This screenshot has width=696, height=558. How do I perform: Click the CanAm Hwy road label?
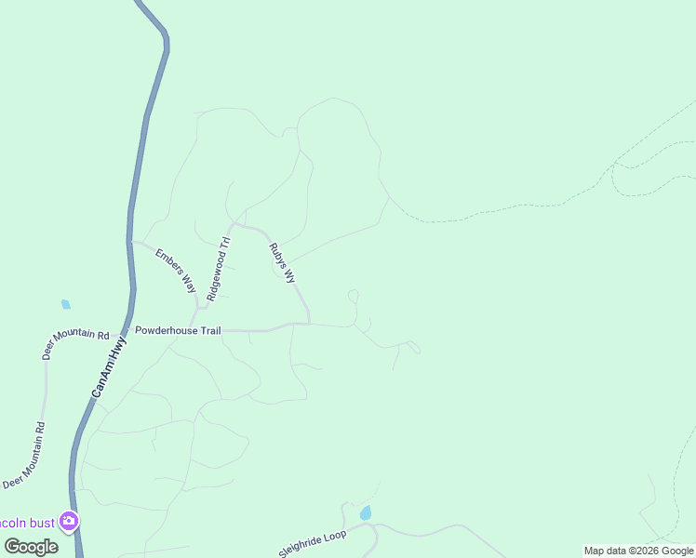point(110,367)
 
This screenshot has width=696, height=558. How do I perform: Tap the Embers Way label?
point(175,271)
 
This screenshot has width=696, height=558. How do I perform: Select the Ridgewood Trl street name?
point(218,269)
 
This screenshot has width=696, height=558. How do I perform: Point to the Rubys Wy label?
point(282,263)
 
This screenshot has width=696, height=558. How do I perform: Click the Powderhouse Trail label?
point(178,330)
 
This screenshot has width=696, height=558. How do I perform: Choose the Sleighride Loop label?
point(313,544)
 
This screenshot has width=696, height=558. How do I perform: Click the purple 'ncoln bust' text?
point(28,523)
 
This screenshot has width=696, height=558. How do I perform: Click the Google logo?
point(31,546)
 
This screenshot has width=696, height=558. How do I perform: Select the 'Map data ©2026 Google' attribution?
point(638,551)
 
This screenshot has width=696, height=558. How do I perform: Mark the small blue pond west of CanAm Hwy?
point(65,304)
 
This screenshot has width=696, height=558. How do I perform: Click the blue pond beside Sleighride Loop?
point(366,512)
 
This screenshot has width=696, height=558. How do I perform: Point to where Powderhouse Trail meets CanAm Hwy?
point(129,330)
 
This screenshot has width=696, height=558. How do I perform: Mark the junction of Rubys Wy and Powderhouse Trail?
point(309,324)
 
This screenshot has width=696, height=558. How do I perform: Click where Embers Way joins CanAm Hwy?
point(130,242)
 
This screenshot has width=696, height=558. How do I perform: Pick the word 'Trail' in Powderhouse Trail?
point(206,330)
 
